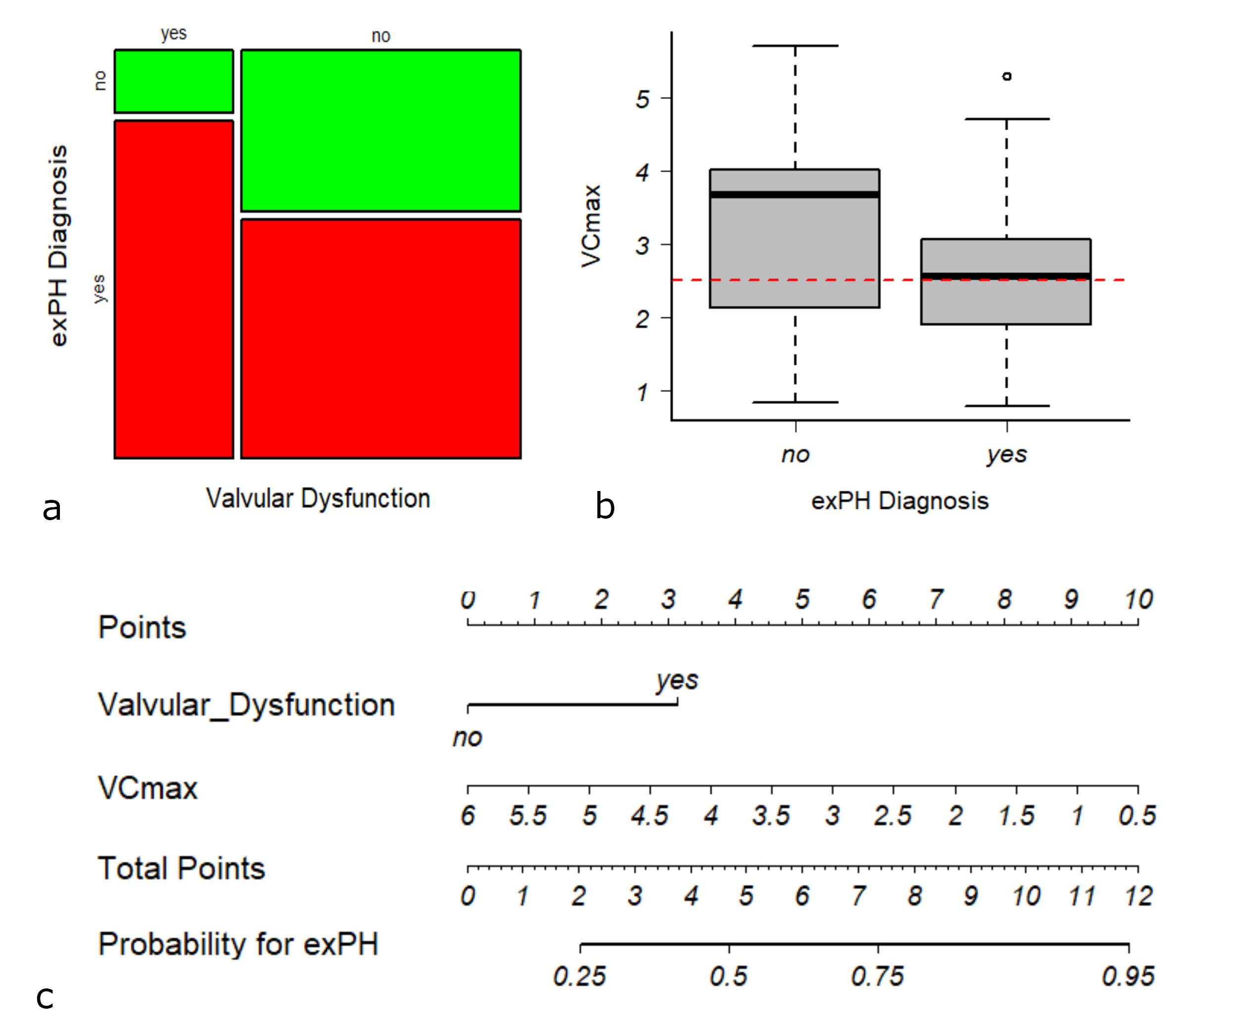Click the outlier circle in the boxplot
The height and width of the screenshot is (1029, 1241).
pyautogui.click(x=1007, y=76)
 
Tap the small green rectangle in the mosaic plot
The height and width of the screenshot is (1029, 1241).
pyautogui.click(x=174, y=82)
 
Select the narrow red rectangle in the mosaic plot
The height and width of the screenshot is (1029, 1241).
pyautogui.click(x=174, y=289)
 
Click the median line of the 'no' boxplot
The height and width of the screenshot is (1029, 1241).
pyautogui.click(x=795, y=195)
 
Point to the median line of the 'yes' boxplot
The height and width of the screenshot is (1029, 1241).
pyautogui.click(x=1006, y=276)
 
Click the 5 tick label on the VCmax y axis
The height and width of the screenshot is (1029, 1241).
pyautogui.click(x=643, y=98)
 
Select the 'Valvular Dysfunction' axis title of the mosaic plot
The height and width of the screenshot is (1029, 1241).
pyautogui.click(x=318, y=498)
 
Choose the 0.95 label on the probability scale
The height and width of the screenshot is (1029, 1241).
pyautogui.click(x=1128, y=977)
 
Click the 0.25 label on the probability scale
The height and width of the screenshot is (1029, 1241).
pyautogui.click(x=579, y=977)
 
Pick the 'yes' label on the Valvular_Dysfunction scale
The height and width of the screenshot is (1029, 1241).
pyautogui.click(x=677, y=680)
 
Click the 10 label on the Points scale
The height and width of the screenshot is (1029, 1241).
pyautogui.click(x=1138, y=600)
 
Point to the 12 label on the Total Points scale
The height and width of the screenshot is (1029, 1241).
pyautogui.click(x=1138, y=896)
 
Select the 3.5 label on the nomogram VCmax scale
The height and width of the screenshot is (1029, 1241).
pyautogui.click(x=771, y=816)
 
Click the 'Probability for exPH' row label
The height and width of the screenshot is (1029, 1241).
pyautogui.click(x=238, y=944)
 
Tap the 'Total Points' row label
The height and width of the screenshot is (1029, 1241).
pyautogui.click(x=181, y=868)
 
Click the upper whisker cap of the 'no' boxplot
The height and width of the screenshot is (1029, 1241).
pyautogui.click(x=795, y=46)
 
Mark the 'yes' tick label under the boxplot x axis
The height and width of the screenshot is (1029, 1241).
pyautogui.click(x=1006, y=454)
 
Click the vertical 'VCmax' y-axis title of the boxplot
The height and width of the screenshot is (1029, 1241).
pyautogui.click(x=591, y=226)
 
